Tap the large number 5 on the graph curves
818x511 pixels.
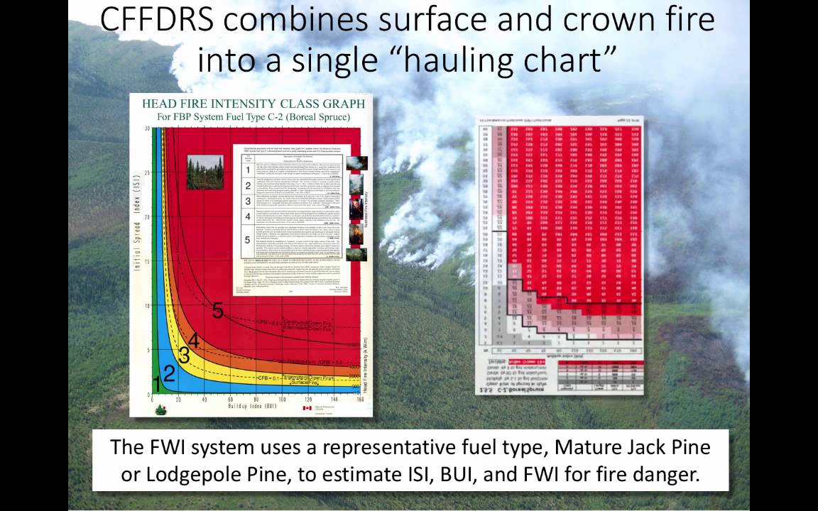point(217,310)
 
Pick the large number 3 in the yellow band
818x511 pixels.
point(183,356)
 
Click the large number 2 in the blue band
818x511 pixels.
point(168,373)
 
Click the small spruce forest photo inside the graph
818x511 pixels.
point(205,172)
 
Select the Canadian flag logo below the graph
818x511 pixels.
point(307,408)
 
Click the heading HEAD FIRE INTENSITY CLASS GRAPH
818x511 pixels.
point(253,103)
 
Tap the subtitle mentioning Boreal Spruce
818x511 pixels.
point(253,116)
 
